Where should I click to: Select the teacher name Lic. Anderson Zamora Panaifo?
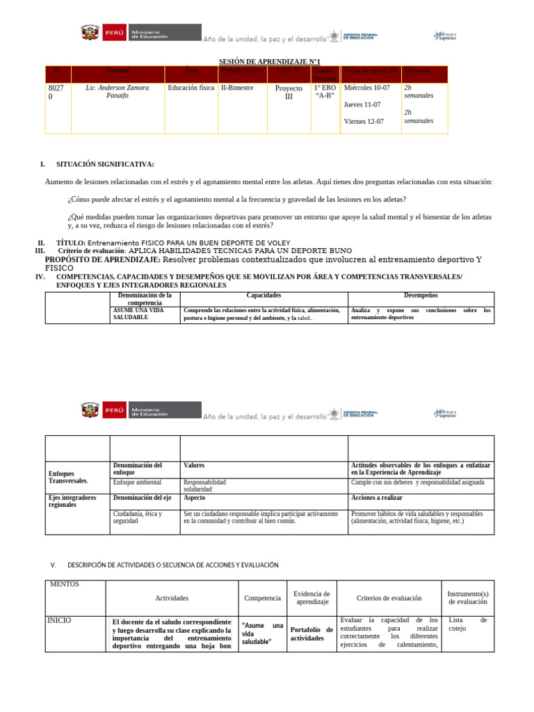(117, 92)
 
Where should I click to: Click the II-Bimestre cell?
(237, 88)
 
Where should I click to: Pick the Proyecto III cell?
(289, 92)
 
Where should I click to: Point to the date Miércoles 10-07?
(367, 88)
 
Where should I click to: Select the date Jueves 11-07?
(362, 105)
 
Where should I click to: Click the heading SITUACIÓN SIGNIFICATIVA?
(105, 164)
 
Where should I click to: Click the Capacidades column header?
(264, 296)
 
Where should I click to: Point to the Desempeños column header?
(421, 296)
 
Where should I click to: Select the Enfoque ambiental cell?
(137, 482)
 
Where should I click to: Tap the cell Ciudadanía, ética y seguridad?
(138, 517)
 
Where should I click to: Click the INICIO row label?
(59, 620)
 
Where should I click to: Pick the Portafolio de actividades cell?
(311, 633)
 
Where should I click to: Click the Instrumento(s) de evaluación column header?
(467, 598)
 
